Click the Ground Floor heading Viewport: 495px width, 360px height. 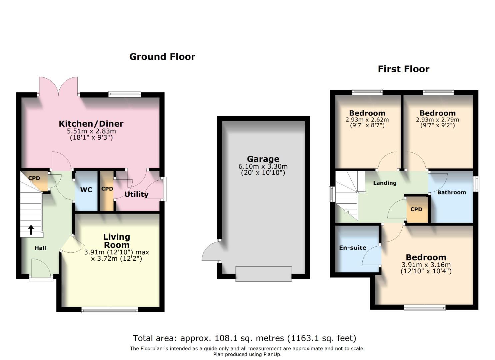coord(162,57)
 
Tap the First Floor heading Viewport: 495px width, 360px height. coord(403,69)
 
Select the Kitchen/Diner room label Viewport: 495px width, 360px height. coord(91,124)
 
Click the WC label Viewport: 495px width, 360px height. coord(86,190)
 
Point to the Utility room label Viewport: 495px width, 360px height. coord(136,194)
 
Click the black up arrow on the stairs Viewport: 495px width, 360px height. coord(31,229)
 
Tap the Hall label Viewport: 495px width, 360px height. coord(40,248)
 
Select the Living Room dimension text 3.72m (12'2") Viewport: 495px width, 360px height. coord(117,258)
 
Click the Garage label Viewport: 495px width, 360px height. coord(263,159)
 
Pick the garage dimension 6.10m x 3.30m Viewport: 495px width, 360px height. coord(263,166)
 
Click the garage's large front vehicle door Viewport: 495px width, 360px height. coord(263,274)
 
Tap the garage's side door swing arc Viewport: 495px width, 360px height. coord(209,252)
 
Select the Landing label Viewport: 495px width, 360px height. coord(385,183)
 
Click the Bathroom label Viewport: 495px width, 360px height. coord(451,192)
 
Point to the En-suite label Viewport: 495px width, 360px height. coord(353,248)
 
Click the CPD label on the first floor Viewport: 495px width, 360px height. coord(416,209)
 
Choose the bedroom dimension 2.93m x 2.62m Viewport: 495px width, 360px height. coord(367,120)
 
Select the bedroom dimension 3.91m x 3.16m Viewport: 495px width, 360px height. coord(426,265)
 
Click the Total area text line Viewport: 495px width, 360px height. coord(245,338)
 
